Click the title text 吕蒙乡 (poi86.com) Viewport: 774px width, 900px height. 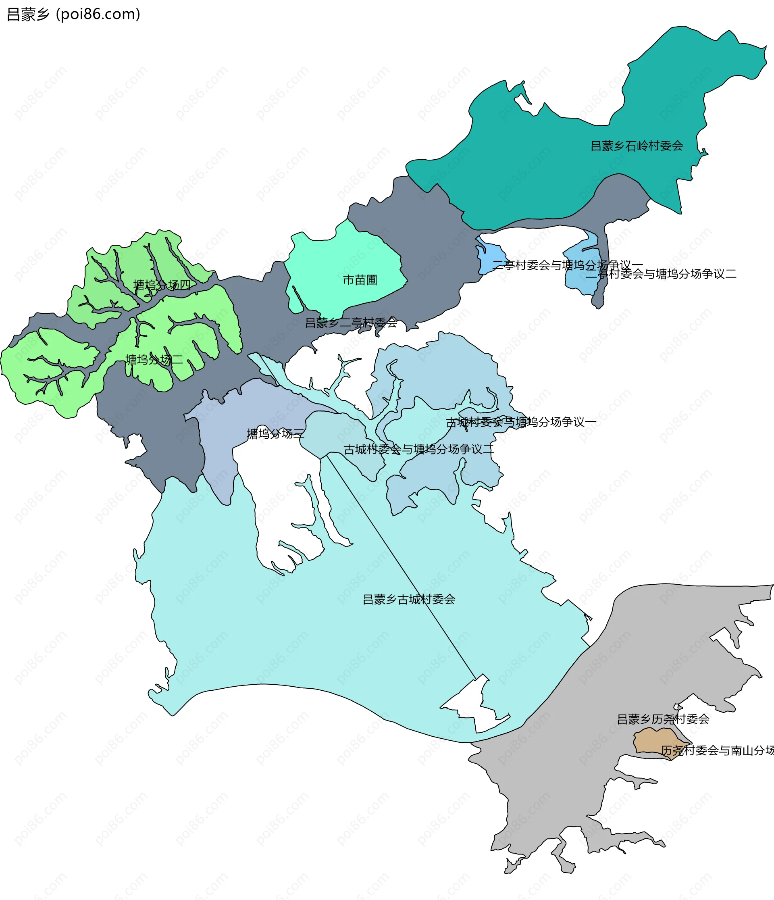point(74,15)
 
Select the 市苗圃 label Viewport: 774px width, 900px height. point(360,280)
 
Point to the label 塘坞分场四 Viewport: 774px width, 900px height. point(162,285)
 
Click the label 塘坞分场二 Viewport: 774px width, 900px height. point(154,360)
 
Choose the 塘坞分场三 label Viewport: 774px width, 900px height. point(275,433)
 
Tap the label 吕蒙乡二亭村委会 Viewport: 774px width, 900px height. point(351,323)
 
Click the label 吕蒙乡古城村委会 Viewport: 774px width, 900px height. point(409,600)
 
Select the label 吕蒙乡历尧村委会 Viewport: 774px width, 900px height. point(663,719)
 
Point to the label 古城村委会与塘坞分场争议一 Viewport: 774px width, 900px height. point(521,422)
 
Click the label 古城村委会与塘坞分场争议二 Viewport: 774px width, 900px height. point(419,449)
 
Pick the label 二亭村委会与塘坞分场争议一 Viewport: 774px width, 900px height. point(567,265)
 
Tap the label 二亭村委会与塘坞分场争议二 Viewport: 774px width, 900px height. point(661,274)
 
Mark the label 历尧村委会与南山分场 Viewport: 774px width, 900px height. point(717,750)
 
